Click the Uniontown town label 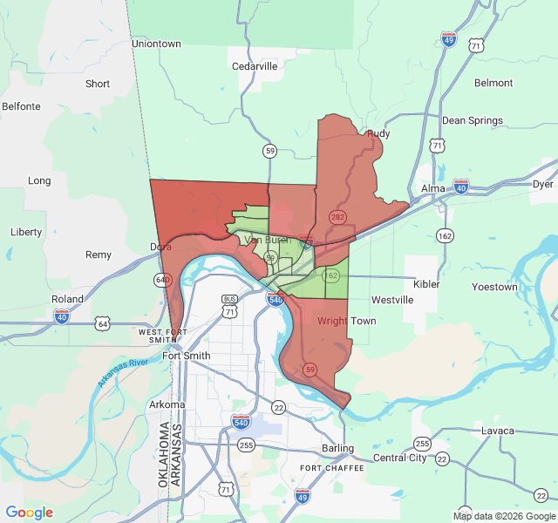coord(156,44)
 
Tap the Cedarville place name coord(254,65)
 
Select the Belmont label coord(493,83)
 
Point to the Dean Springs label coord(473,120)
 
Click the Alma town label coord(433,188)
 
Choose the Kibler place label coord(426,284)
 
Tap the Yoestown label coord(494,287)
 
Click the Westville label coord(392,300)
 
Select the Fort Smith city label coord(186,356)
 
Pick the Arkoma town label coord(167,404)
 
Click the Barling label coord(337,448)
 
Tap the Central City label coord(400,458)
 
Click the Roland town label coord(68,299)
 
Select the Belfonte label coord(21,106)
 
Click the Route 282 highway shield coord(337,215)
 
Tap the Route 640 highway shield coord(162,279)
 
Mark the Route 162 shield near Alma coord(446,235)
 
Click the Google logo coord(30,513)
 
